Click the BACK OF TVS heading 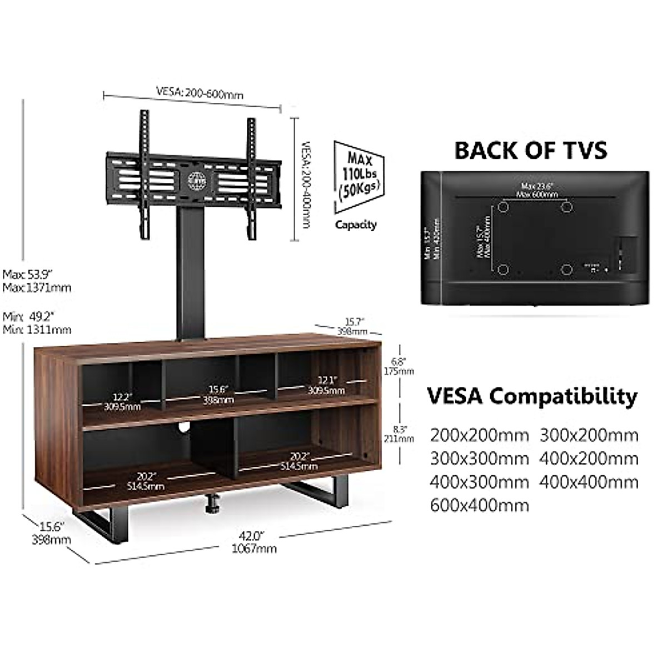[x=530, y=150]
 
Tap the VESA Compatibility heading [x=532, y=396]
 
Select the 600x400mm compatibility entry [x=479, y=505]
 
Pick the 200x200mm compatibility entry [x=479, y=435]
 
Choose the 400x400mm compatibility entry [x=589, y=481]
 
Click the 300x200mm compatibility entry [x=589, y=435]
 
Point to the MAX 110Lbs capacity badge [x=358, y=177]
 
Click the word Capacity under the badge [x=356, y=225]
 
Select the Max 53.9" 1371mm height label [x=37, y=281]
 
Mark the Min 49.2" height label [x=37, y=323]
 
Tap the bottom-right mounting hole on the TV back [x=566, y=270]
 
